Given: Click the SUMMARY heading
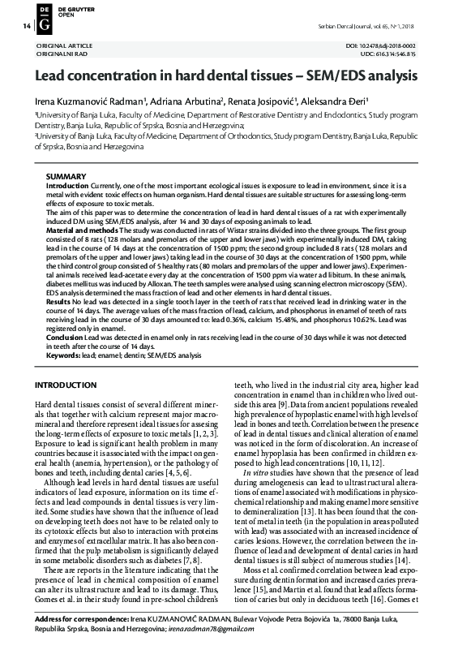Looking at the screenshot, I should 66,177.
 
